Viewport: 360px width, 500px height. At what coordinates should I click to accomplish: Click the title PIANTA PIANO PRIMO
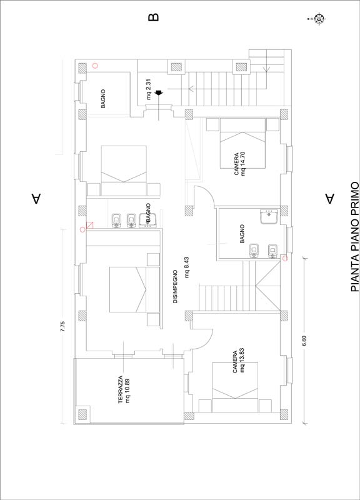355,237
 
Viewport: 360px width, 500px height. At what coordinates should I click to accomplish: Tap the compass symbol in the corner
318,19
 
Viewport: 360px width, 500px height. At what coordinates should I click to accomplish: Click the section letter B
153,17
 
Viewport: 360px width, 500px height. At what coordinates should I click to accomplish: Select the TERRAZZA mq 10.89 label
124,389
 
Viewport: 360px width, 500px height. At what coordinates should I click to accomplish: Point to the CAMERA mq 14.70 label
240,164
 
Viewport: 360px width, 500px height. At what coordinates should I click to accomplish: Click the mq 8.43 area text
187,267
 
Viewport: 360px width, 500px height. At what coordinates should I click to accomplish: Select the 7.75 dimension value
62,327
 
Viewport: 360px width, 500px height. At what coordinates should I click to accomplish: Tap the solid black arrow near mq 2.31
159,92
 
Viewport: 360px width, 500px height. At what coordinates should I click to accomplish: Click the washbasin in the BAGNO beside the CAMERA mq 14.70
269,216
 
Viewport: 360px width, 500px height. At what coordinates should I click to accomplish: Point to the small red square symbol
90,225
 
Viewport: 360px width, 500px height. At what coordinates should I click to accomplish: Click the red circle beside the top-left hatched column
95,66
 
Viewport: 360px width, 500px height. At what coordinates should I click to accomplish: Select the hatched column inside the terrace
82,414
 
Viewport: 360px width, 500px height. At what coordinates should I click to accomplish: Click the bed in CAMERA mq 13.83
236,387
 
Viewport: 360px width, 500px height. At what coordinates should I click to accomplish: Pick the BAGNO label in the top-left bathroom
103,99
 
